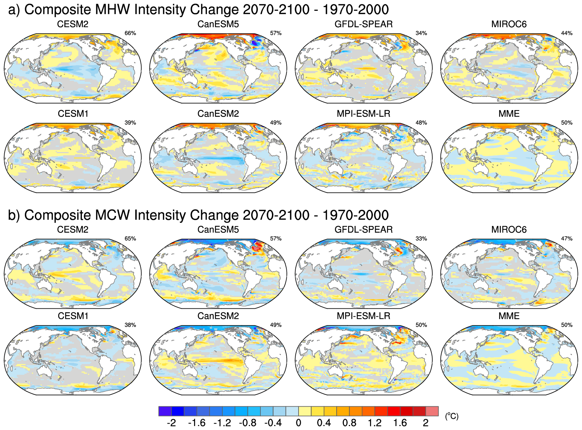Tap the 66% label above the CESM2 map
pos(130,33)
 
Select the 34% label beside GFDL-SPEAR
pos(421,33)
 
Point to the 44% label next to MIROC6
pos(567,33)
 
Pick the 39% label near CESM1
pos(130,123)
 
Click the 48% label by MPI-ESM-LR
pos(421,123)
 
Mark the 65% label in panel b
pos(130,238)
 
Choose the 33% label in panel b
pos(421,238)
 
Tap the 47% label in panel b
pos(567,238)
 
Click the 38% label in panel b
pos(130,325)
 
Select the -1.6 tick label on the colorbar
pos(197,423)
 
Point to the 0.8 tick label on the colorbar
pos(349,423)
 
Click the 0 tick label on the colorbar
pos(298,423)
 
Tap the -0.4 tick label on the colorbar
pos(273,423)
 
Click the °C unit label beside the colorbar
pos(452,416)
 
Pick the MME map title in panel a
pos(509,114)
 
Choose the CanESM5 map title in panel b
pos(218,230)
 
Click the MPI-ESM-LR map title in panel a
pos(363,114)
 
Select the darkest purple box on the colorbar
pos(165,411)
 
